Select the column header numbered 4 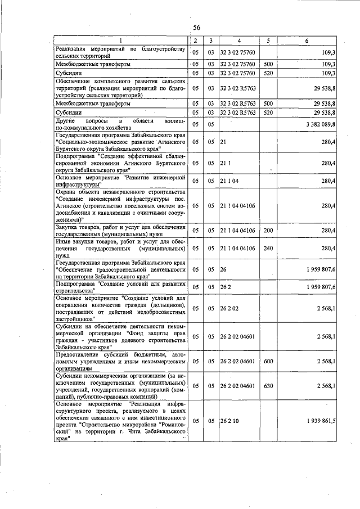tap(238, 41)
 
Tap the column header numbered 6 tap(307, 41)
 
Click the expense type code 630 tap(268, 386)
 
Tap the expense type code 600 tap(268, 361)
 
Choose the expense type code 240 tap(268, 248)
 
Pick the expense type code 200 tap(268, 230)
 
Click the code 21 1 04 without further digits tap(229, 181)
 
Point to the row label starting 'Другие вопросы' tap(120, 124)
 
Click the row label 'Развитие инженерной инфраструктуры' tap(120, 181)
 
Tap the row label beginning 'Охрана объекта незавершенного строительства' tap(120, 205)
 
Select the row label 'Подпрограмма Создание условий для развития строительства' tap(120, 287)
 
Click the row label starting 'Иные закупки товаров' tap(120, 248)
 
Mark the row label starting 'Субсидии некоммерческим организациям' tap(120, 386)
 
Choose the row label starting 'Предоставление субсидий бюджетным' tap(120, 361)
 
